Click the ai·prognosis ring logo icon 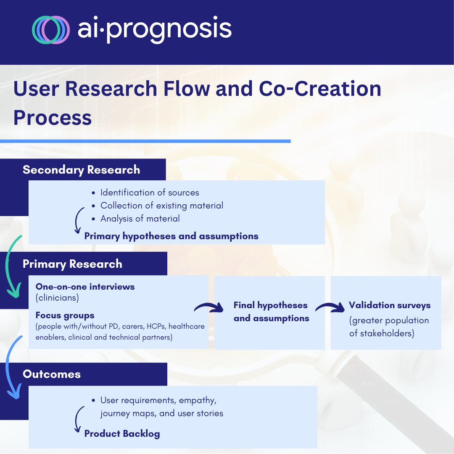(50, 30)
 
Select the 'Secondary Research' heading (81, 170)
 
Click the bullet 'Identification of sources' (149, 193)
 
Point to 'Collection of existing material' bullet (161, 206)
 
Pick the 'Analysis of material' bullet (140, 219)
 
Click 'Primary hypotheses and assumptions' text (171, 236)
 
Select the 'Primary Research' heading (72, 264)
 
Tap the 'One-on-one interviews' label (85, 287)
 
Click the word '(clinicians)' (57, 298)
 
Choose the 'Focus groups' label (65, 315)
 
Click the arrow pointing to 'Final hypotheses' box (209, 308)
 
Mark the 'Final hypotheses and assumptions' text (271, 311)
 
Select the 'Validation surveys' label (389, 305)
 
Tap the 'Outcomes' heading (51, 374)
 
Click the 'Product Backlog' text (122, 433)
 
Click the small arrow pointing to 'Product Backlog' (77, 420)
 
